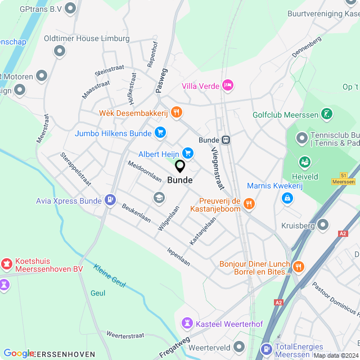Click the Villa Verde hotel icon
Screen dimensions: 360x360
point(228,85)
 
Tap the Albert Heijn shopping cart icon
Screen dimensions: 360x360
point(188,153)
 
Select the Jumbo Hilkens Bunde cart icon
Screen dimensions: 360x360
point(160,133)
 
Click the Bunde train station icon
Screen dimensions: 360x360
point(226,139)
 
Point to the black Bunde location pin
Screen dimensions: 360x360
point(180,166)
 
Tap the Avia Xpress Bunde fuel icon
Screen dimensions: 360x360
point(110,200)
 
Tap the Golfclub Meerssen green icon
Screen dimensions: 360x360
point(326,115)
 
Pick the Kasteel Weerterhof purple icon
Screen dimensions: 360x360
point(187,323)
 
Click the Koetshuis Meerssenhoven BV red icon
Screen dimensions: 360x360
point(6,263)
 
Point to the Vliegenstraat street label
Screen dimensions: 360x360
point(215,168)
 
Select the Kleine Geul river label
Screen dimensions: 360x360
point(110,276)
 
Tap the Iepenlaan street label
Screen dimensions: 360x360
point(178,256)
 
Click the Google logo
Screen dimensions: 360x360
point(19,353)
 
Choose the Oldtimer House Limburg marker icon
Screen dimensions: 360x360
point(60,51)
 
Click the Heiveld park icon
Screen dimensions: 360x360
point(305,162)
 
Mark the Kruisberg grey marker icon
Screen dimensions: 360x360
point(322,225)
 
